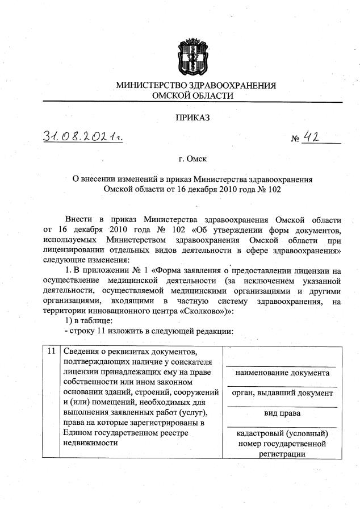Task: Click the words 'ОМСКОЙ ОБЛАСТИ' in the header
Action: point(194,95)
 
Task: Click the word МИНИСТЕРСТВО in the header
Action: point(150,85)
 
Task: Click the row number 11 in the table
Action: point(51,352)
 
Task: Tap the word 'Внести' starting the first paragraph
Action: point(78,219)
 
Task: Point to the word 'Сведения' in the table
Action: point(82,352)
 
